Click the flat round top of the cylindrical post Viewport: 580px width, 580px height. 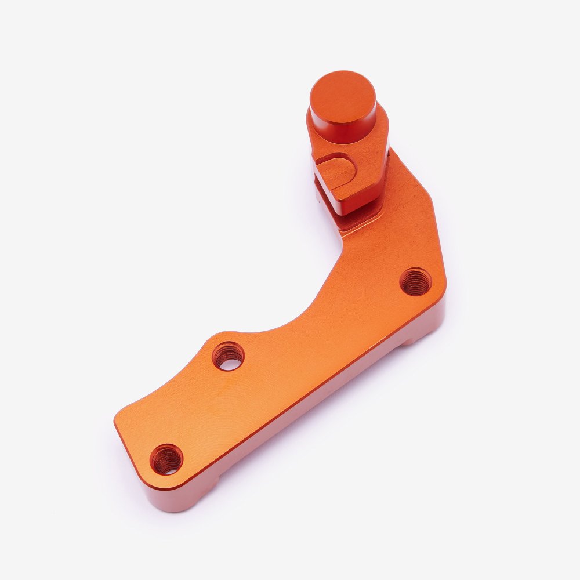click(x=343, y=98)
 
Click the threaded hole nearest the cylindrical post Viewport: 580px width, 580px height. click(x=416, y=282)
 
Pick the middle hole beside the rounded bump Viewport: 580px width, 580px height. click(x=228, y=356)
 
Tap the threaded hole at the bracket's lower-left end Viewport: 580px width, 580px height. click(x=166, y=459)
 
